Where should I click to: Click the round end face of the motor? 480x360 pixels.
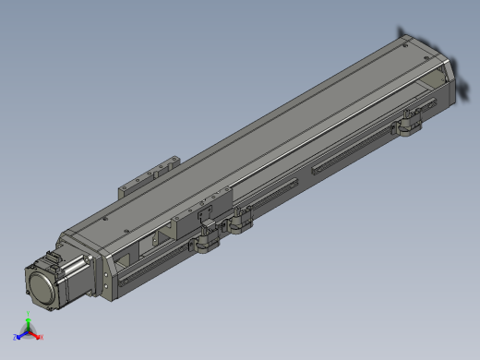pyautogui.click(x=39, y=284)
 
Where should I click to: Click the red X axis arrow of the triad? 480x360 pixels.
pyautogui.click(x=39, y=337)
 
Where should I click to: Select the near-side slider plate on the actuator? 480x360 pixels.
pyautogui.click(x=206, y=210)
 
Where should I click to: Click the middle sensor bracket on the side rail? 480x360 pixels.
pyautogui.click(x=242, y=222)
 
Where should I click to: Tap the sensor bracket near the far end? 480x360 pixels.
pyautogui.click(x=409, y=122)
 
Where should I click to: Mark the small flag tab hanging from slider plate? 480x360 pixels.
pyautogui.click(x=205, y=227)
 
